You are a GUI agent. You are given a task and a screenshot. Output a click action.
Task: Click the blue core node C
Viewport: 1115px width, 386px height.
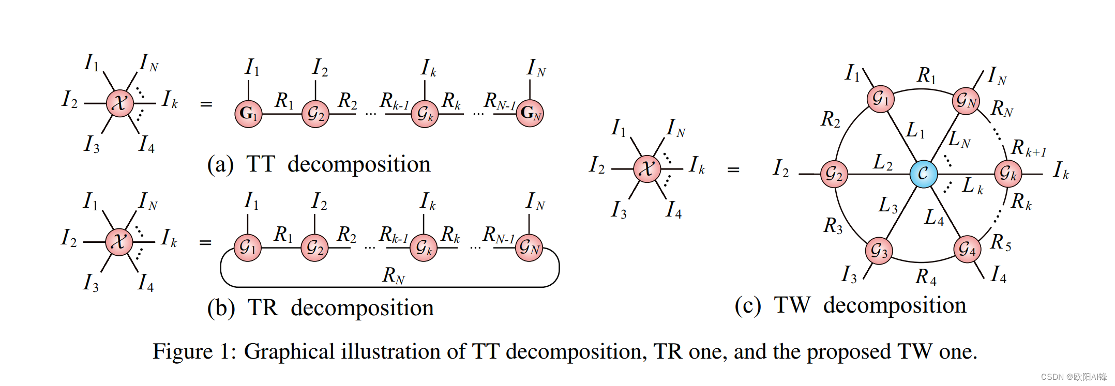coord(923,174)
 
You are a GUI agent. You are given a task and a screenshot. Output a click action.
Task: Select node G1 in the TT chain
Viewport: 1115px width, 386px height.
coord(248,114)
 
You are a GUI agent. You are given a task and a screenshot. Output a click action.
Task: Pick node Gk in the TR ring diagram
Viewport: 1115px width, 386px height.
coord(424,248)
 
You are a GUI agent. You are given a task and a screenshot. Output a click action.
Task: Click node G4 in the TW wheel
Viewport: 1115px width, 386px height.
coord(967,250)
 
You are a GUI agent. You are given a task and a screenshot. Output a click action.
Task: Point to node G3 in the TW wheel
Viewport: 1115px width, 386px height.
coord(879,251)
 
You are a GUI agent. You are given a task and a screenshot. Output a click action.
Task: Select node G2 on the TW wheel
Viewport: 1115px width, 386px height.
coord(834,174)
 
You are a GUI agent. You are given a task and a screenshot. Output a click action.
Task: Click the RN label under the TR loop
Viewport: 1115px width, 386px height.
coord(394,275)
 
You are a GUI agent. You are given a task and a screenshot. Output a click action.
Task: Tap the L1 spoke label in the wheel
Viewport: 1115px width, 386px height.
coord(915,130)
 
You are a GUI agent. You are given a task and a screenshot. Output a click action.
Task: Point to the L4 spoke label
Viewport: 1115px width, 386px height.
coord(934,218)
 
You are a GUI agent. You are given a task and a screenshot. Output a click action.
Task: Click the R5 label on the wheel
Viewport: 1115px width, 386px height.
coord(1001,242)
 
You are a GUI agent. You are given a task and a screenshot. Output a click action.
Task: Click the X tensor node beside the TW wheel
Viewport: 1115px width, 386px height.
coord(647,168)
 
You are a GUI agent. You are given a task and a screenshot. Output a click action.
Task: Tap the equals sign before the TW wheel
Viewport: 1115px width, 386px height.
coord(733,169)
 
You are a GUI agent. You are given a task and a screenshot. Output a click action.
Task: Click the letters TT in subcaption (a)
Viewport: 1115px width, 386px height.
coord(260,164)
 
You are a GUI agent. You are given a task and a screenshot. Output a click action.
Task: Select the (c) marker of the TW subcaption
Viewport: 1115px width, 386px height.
coord(747,305)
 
